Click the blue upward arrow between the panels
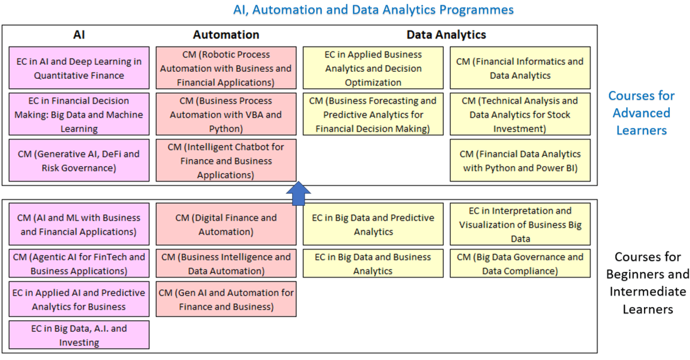click(x=298, y=194)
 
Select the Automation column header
click(x=226, y=35)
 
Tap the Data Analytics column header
click(x=446, y=35)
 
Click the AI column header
click(x=79, y=35)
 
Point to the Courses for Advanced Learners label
click(x=641, y=113)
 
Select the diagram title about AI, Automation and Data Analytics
click(x=373, y=10)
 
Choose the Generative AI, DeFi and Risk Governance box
click(x=79, y=160)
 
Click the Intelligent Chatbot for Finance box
click(x=226, y=160)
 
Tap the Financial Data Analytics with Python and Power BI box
click(x=520, y=160)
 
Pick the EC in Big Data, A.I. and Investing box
click(x=79, y=335)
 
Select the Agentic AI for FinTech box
click(x=79, y=263)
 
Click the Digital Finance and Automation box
click(x=226, y=224)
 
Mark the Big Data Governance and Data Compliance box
click(x=520, y=263)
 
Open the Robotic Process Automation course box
click(x=226, y=68)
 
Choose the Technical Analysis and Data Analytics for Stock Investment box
click(x=520, y=114)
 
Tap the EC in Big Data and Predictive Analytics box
click(x=373, y=224)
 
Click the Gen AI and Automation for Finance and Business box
click(x=226, y=299)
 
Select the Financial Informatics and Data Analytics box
click(x=520, y=68)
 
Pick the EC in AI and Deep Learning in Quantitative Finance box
click(x=79, y=68)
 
